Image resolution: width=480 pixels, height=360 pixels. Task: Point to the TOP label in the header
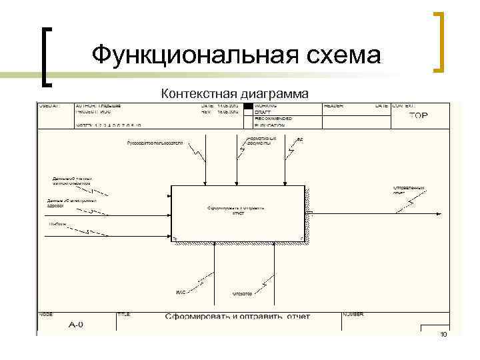click(419, 115)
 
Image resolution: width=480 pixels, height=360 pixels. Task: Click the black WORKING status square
click(249, 106)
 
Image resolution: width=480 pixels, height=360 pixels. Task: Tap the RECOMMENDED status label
click(271, 119)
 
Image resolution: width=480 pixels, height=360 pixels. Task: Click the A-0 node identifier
click(76, 325)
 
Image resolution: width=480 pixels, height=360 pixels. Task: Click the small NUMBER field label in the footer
click(353, 313)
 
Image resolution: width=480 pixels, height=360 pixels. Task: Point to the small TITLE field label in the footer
click(124, 313)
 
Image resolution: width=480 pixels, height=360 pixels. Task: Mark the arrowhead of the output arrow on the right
click(439, 214)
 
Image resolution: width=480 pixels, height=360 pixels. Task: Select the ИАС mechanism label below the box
click(180, 293)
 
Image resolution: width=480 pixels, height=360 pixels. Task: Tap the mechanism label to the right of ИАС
click(242, 293)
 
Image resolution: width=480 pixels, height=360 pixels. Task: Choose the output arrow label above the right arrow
click(409, 190)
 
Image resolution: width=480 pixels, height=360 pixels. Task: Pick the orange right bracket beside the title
click(439, 41)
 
